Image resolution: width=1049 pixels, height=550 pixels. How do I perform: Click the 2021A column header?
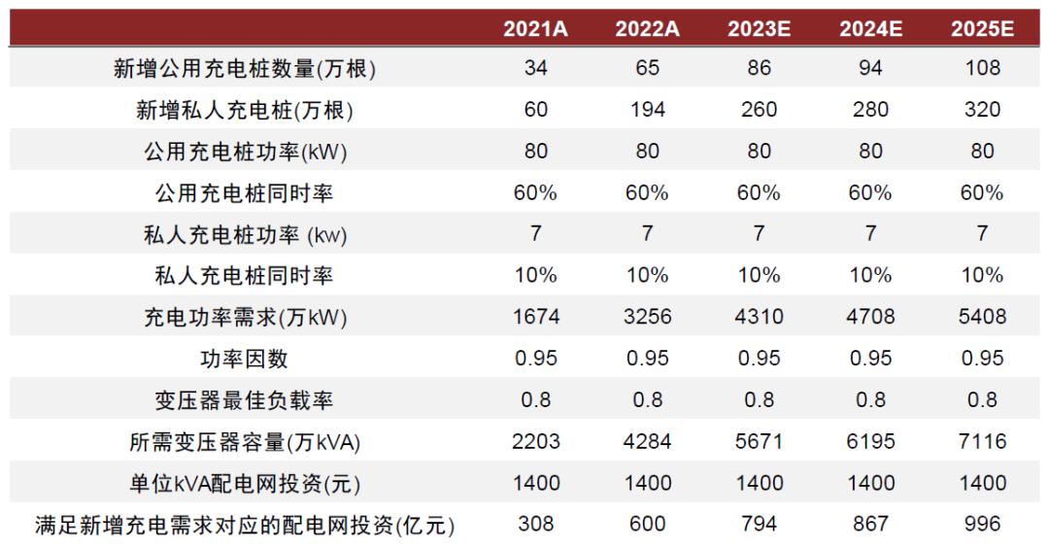(535, 28)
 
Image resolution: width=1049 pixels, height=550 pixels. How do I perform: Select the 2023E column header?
(759, 28)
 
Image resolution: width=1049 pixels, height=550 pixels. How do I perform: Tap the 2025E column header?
(982, 28)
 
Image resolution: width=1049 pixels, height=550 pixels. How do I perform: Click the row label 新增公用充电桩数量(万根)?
(244, 69)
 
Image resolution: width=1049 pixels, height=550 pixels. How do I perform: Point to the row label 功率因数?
(244, 359)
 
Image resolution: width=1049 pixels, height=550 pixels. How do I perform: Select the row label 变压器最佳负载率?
(244, 400)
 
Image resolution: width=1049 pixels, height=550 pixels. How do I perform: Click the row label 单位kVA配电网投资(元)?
(244, 483)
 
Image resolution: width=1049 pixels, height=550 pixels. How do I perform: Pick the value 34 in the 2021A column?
(535, 69)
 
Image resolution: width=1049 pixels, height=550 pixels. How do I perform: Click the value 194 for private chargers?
(647, 110)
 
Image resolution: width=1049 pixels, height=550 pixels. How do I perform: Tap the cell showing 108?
(982, 69)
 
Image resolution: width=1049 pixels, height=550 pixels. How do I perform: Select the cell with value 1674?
(535, 317)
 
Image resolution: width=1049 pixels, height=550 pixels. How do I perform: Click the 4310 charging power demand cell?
(759, 317)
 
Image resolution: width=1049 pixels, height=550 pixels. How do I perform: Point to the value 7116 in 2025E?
(982, 441)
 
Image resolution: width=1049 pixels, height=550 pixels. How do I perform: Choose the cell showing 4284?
(647, 441)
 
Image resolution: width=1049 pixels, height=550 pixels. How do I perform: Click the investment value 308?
(535, 525)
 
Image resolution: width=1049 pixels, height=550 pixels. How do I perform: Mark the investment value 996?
(982, 525)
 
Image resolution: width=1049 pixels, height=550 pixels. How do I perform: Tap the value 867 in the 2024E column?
(870, 525)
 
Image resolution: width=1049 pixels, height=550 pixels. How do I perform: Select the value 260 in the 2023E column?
(759, 110)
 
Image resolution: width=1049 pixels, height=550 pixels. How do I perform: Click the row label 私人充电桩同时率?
(244, 276)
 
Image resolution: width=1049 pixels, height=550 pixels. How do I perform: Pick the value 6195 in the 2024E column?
(870, 441)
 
